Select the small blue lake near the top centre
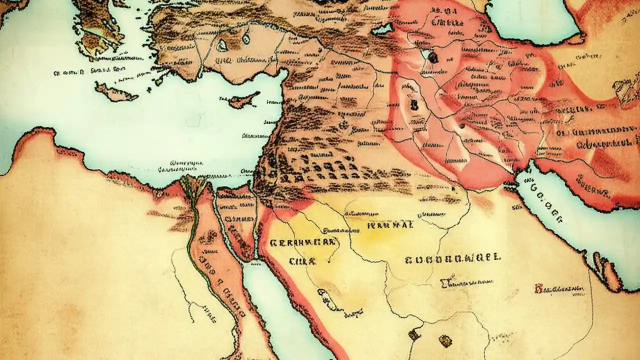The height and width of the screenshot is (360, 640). [x=382, y=29]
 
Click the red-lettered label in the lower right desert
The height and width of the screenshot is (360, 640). [x=559, y=288]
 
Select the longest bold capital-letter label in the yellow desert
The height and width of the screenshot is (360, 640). [x=452, y=258]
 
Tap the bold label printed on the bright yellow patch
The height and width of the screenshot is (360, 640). [x=390, y=224]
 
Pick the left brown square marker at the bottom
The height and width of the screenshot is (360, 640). [x=414, y=334]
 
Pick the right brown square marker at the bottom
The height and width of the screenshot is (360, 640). [x=445, y=340]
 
